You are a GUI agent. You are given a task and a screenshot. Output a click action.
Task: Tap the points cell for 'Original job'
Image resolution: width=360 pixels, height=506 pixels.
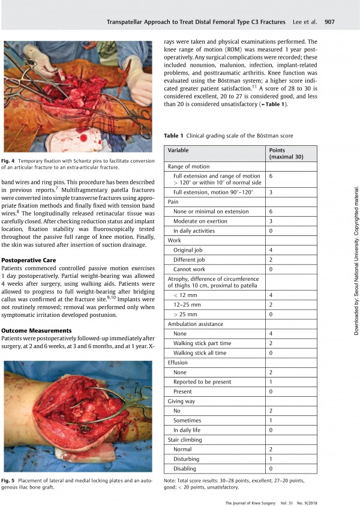pyautogui.click(x=271, y=249)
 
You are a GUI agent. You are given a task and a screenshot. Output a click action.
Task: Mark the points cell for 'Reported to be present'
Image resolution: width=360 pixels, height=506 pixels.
pyautogui.click(x=271, y=382)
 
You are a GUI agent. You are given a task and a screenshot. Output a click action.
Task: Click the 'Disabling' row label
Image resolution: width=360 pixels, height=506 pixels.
pyautogui.click(x=185, y=468)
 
